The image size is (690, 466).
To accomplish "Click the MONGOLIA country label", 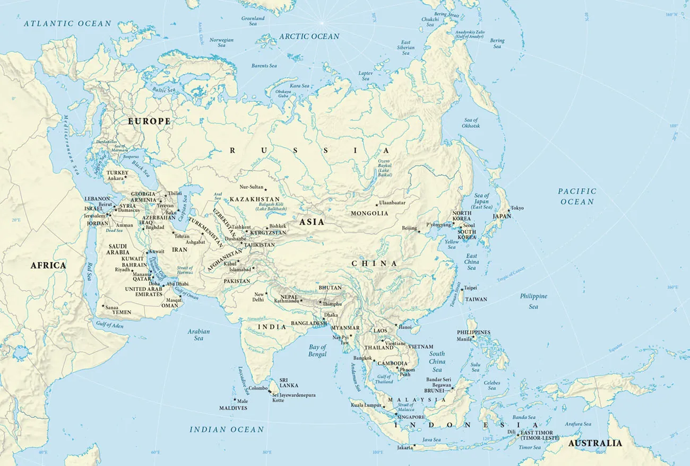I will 369,213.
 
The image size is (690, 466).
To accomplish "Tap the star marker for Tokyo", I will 508,211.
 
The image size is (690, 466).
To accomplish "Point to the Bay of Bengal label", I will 317,350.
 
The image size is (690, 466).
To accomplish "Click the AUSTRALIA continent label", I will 594,443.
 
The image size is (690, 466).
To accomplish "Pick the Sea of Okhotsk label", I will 471,123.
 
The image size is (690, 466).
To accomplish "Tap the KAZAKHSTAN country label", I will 254,199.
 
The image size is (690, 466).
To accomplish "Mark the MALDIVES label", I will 233,408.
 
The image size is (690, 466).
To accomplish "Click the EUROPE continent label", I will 149,121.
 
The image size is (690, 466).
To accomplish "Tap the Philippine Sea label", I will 533,301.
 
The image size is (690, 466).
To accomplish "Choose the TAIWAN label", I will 476,299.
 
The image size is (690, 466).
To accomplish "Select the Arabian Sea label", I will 199,335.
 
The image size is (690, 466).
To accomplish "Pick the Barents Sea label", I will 264,66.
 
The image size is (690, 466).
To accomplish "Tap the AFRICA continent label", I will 48,265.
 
